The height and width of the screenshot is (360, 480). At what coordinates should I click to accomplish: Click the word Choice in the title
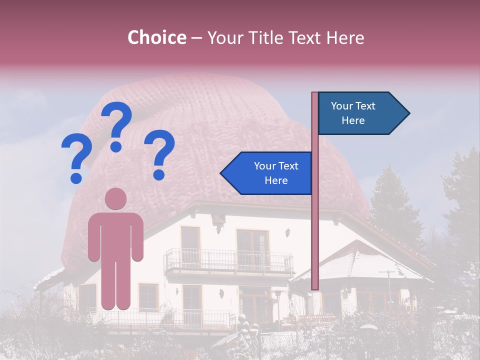(x=156, y=38)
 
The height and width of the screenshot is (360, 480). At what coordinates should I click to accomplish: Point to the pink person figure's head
(x=115, y=198)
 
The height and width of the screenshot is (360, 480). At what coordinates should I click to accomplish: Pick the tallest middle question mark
(x=117, y=126)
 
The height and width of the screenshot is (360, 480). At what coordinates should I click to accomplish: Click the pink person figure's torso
(x=115, y=235)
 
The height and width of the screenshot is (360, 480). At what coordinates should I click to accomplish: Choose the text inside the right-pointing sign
(x=353, y=113)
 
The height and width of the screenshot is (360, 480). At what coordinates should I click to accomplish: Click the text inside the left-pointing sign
(x=276, y=173)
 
